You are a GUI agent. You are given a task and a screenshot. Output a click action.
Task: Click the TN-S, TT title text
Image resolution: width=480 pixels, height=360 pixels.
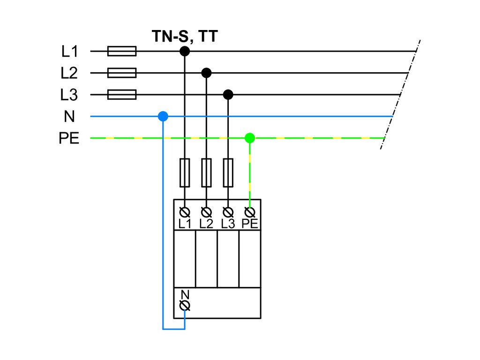pyautogui.click(x=185, y=36)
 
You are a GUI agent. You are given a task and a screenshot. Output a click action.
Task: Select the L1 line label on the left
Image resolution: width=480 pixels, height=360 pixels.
pyautogui.click(x=69, y=51)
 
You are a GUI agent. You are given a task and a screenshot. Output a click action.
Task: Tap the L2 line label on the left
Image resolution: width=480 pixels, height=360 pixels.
pyautogui.click(x=69, y=73)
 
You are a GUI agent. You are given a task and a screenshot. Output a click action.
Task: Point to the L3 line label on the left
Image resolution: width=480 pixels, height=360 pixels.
pyautogui.click(x=69, y=95)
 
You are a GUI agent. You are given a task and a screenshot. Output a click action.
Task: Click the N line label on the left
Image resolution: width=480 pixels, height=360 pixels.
pyautogui.click(x=69, y=117)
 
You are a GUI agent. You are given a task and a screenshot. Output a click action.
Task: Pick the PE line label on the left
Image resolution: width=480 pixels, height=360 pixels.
pyautogui.click(x=69, y=139)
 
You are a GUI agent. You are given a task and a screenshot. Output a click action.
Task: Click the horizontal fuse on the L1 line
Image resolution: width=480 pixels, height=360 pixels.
pyautogui.click(x=122, y=51)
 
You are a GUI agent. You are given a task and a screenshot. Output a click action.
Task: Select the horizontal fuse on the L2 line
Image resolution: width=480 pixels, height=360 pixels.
pyautogui.click(x=122, y=73)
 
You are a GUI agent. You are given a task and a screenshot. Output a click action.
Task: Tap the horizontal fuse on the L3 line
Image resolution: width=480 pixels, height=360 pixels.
pyautogui.click(x=122, y=95)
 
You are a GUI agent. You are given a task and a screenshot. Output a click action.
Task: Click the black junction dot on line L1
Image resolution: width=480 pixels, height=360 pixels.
pyautogui.click(x=185, y=51)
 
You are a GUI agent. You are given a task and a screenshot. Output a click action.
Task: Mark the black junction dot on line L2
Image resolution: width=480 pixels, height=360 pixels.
pyautogui.click(x=206, y=73)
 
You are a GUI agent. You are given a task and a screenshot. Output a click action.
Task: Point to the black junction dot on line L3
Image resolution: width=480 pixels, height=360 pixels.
pyautogui.click(x=228, y=95)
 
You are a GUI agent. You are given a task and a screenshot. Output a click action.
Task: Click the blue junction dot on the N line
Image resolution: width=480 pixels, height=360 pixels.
pyautogui.click(x=163, y=116)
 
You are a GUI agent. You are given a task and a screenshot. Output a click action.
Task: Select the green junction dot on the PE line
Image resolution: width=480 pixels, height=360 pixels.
pyautogui.click(x=250, y=138)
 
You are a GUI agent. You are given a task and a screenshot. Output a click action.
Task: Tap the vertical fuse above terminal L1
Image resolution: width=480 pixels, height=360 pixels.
pyautogui.click(x=185, y=172)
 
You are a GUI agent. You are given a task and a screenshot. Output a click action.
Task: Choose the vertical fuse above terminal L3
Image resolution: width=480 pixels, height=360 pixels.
pyautogui.click(x=228, y=172)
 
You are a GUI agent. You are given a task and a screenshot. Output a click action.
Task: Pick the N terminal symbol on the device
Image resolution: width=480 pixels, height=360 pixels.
pyautogui.click(x=185, y=306)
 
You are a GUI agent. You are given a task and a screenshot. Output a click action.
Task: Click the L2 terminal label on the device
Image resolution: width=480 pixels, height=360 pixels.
pyautogui.click(x=206, y=224)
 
